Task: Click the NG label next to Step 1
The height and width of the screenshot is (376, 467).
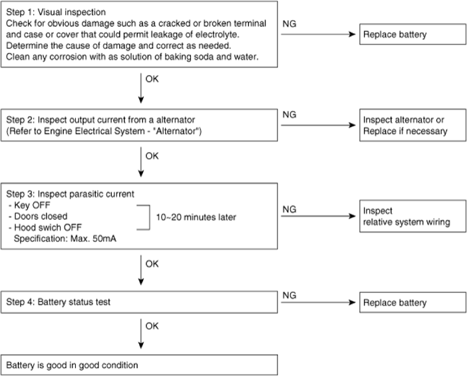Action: click(x=289, y=24)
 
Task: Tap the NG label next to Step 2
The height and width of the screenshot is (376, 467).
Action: click(x=289, y=114)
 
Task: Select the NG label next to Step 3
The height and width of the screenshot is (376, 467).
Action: click(x=289, y=209)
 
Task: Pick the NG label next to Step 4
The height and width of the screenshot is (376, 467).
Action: click(x=289, y=296)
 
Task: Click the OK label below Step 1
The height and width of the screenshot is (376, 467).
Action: click(x=152, y=79)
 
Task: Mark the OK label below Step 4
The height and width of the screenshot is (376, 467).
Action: click(x=152, y=326)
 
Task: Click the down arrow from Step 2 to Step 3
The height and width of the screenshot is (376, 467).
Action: click(x=141, y=162)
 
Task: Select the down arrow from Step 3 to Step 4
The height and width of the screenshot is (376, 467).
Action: click(x=141, y=270)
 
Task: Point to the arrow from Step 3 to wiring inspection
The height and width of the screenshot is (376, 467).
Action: click(x=319, y=216)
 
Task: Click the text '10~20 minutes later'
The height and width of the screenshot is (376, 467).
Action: click(x=196, y=217)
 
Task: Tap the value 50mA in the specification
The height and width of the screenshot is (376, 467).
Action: click(x=104, y=238)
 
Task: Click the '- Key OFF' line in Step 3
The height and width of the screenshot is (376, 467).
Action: click(x=29, y=205)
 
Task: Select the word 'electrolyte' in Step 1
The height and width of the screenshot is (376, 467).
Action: click(x=217, y=35)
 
